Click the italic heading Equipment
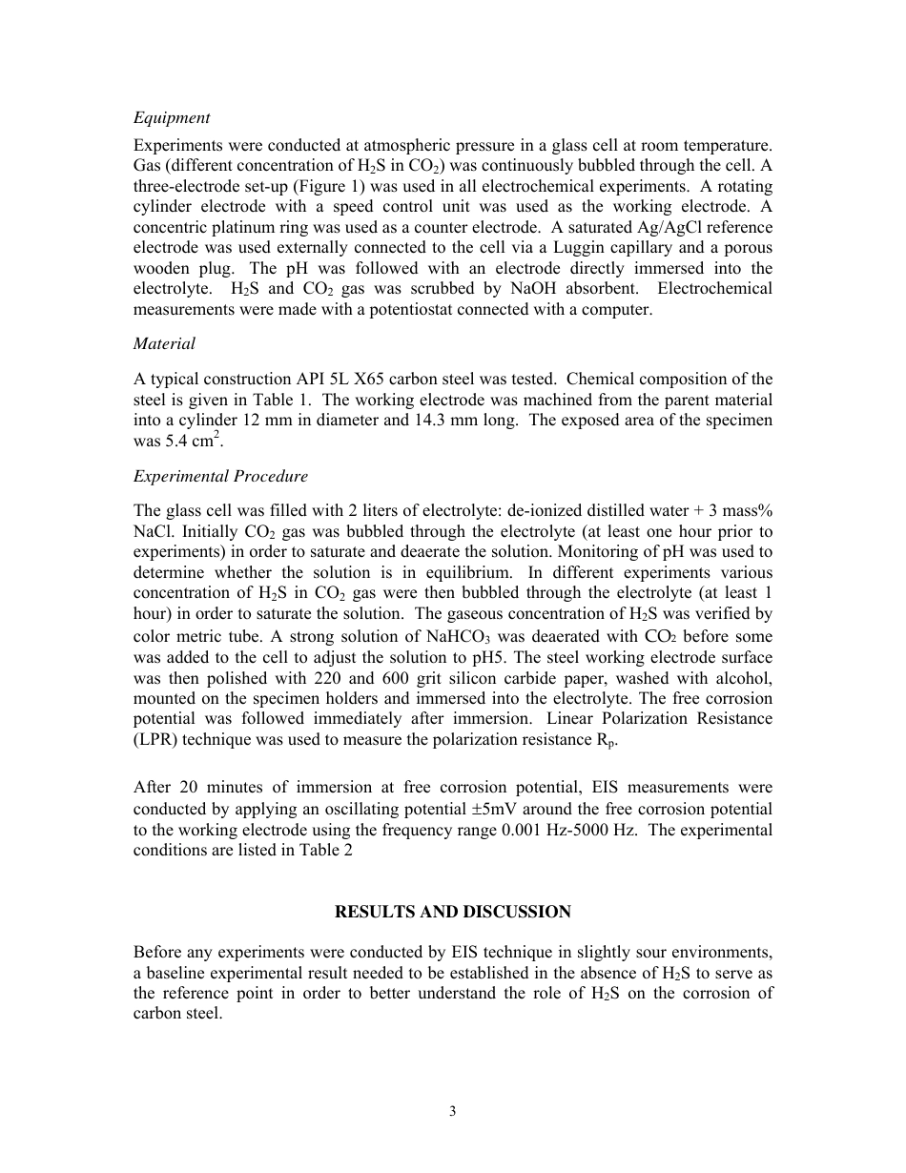pos(172,118)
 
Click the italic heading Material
pos(164,343)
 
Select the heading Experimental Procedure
pos(220,476)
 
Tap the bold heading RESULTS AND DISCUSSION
pos(452,912)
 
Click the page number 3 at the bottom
pos(452,1111)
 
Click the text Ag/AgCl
pos(668,227)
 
